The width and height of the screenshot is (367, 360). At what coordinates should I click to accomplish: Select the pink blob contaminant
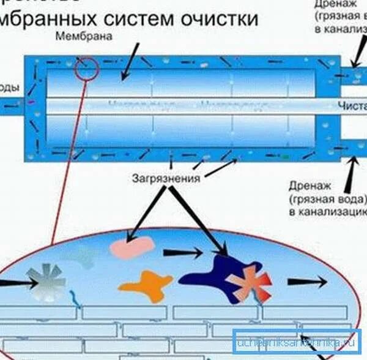point(132,247)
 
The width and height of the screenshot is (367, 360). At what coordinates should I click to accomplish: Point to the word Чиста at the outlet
point(351,106)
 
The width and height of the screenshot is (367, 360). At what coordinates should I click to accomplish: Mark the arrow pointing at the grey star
point(15,283)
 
